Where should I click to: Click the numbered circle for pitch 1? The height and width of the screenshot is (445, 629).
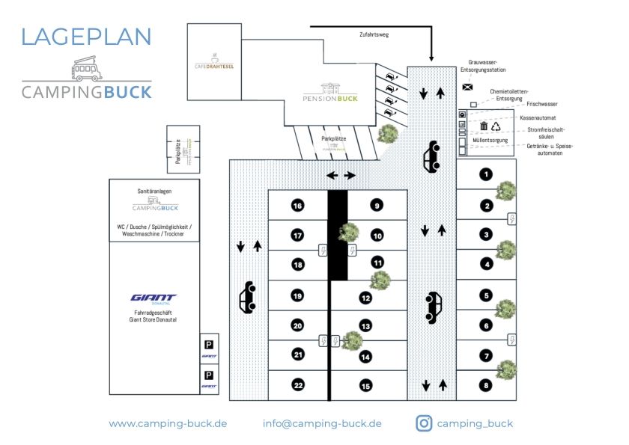[x=486, y=174]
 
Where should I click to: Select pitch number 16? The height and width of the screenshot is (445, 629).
[x=297, y=206]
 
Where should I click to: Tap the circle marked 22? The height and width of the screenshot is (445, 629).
[x=297, y=385]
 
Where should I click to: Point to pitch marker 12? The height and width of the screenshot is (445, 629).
[x=365, y=297]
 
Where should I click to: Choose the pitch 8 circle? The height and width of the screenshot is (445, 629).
[x=486, y=385]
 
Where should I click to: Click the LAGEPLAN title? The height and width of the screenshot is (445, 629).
[x=86, y=36]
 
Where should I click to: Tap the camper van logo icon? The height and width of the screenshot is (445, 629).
[x=87, y=69]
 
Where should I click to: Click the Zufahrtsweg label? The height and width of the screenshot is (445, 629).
[x=374, y=34]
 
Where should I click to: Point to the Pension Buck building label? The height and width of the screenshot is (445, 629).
[x=330, y=97]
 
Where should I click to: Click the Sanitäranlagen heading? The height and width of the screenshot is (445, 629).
[x=155, y=191]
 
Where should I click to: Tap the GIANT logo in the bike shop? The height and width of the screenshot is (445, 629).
[x=154, y=297]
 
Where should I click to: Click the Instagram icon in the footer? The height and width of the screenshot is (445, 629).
[x=424, y=423]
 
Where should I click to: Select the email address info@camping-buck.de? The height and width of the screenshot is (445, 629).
[x=322, y=423]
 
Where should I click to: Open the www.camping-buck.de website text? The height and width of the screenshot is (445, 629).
[x=168, y=423]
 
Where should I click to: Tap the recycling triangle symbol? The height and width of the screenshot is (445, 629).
[x=496, y=127]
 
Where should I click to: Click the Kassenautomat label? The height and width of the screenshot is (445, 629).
[x=538, y=117]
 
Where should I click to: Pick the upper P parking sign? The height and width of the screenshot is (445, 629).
[x=209, y=345]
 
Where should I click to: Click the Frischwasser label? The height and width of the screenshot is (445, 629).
[x=542, y=105]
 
